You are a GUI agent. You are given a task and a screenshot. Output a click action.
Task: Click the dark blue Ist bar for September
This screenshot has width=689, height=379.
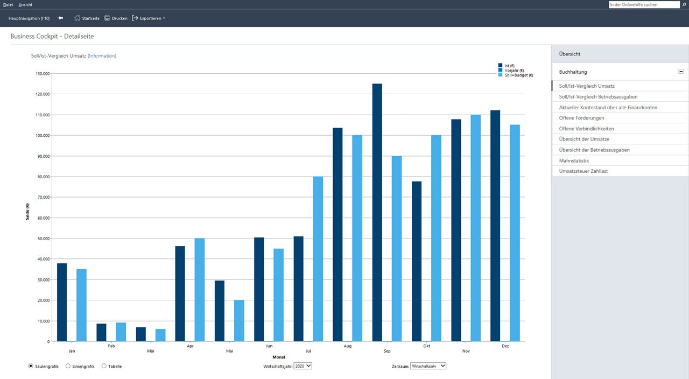coord(377,213)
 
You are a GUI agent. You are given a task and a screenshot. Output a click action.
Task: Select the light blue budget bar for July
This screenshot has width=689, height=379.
coord(318,259)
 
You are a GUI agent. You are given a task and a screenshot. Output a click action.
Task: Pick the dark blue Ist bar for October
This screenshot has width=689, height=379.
coord(417,262)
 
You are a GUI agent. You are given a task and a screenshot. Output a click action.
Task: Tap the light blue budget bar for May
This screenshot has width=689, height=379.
coord(239,321)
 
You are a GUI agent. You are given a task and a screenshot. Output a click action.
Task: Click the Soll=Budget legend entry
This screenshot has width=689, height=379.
coord(516,75)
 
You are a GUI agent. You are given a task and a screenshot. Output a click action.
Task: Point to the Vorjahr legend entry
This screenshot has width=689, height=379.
coord(511,71)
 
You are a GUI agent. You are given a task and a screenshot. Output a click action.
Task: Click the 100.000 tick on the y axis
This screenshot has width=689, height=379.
coord(43,135)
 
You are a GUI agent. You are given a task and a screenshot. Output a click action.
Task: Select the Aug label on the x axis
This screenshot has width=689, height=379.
coord(348,346)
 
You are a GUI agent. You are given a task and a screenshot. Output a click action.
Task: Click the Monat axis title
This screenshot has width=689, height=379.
coord(279,357)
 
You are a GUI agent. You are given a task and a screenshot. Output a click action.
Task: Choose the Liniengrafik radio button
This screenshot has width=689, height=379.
coord(68,366)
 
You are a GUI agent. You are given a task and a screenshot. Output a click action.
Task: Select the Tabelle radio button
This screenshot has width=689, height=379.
coord(104,366)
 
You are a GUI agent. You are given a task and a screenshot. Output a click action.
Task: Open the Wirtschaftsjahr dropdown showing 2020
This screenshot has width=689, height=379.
coord(303,366)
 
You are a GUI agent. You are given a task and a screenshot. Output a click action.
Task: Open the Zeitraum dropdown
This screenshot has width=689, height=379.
coord(428,366)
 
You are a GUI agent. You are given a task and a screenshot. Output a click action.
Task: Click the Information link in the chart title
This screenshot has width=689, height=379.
coord(102,55)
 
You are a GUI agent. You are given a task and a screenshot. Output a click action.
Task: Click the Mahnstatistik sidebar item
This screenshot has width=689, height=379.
coord(574,160)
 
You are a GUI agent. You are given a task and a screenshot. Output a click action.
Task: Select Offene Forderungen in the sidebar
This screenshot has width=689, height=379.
coord(582,118)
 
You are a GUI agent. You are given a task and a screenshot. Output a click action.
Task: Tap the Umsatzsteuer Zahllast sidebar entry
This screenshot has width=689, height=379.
coord(583,171)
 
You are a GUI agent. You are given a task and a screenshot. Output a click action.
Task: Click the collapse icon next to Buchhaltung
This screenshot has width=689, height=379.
coord(681,72)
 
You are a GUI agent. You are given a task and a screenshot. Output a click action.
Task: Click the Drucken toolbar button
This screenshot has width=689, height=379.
coord(116,18)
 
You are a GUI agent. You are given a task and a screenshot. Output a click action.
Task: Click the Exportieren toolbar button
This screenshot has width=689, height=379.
coord(149,18)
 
